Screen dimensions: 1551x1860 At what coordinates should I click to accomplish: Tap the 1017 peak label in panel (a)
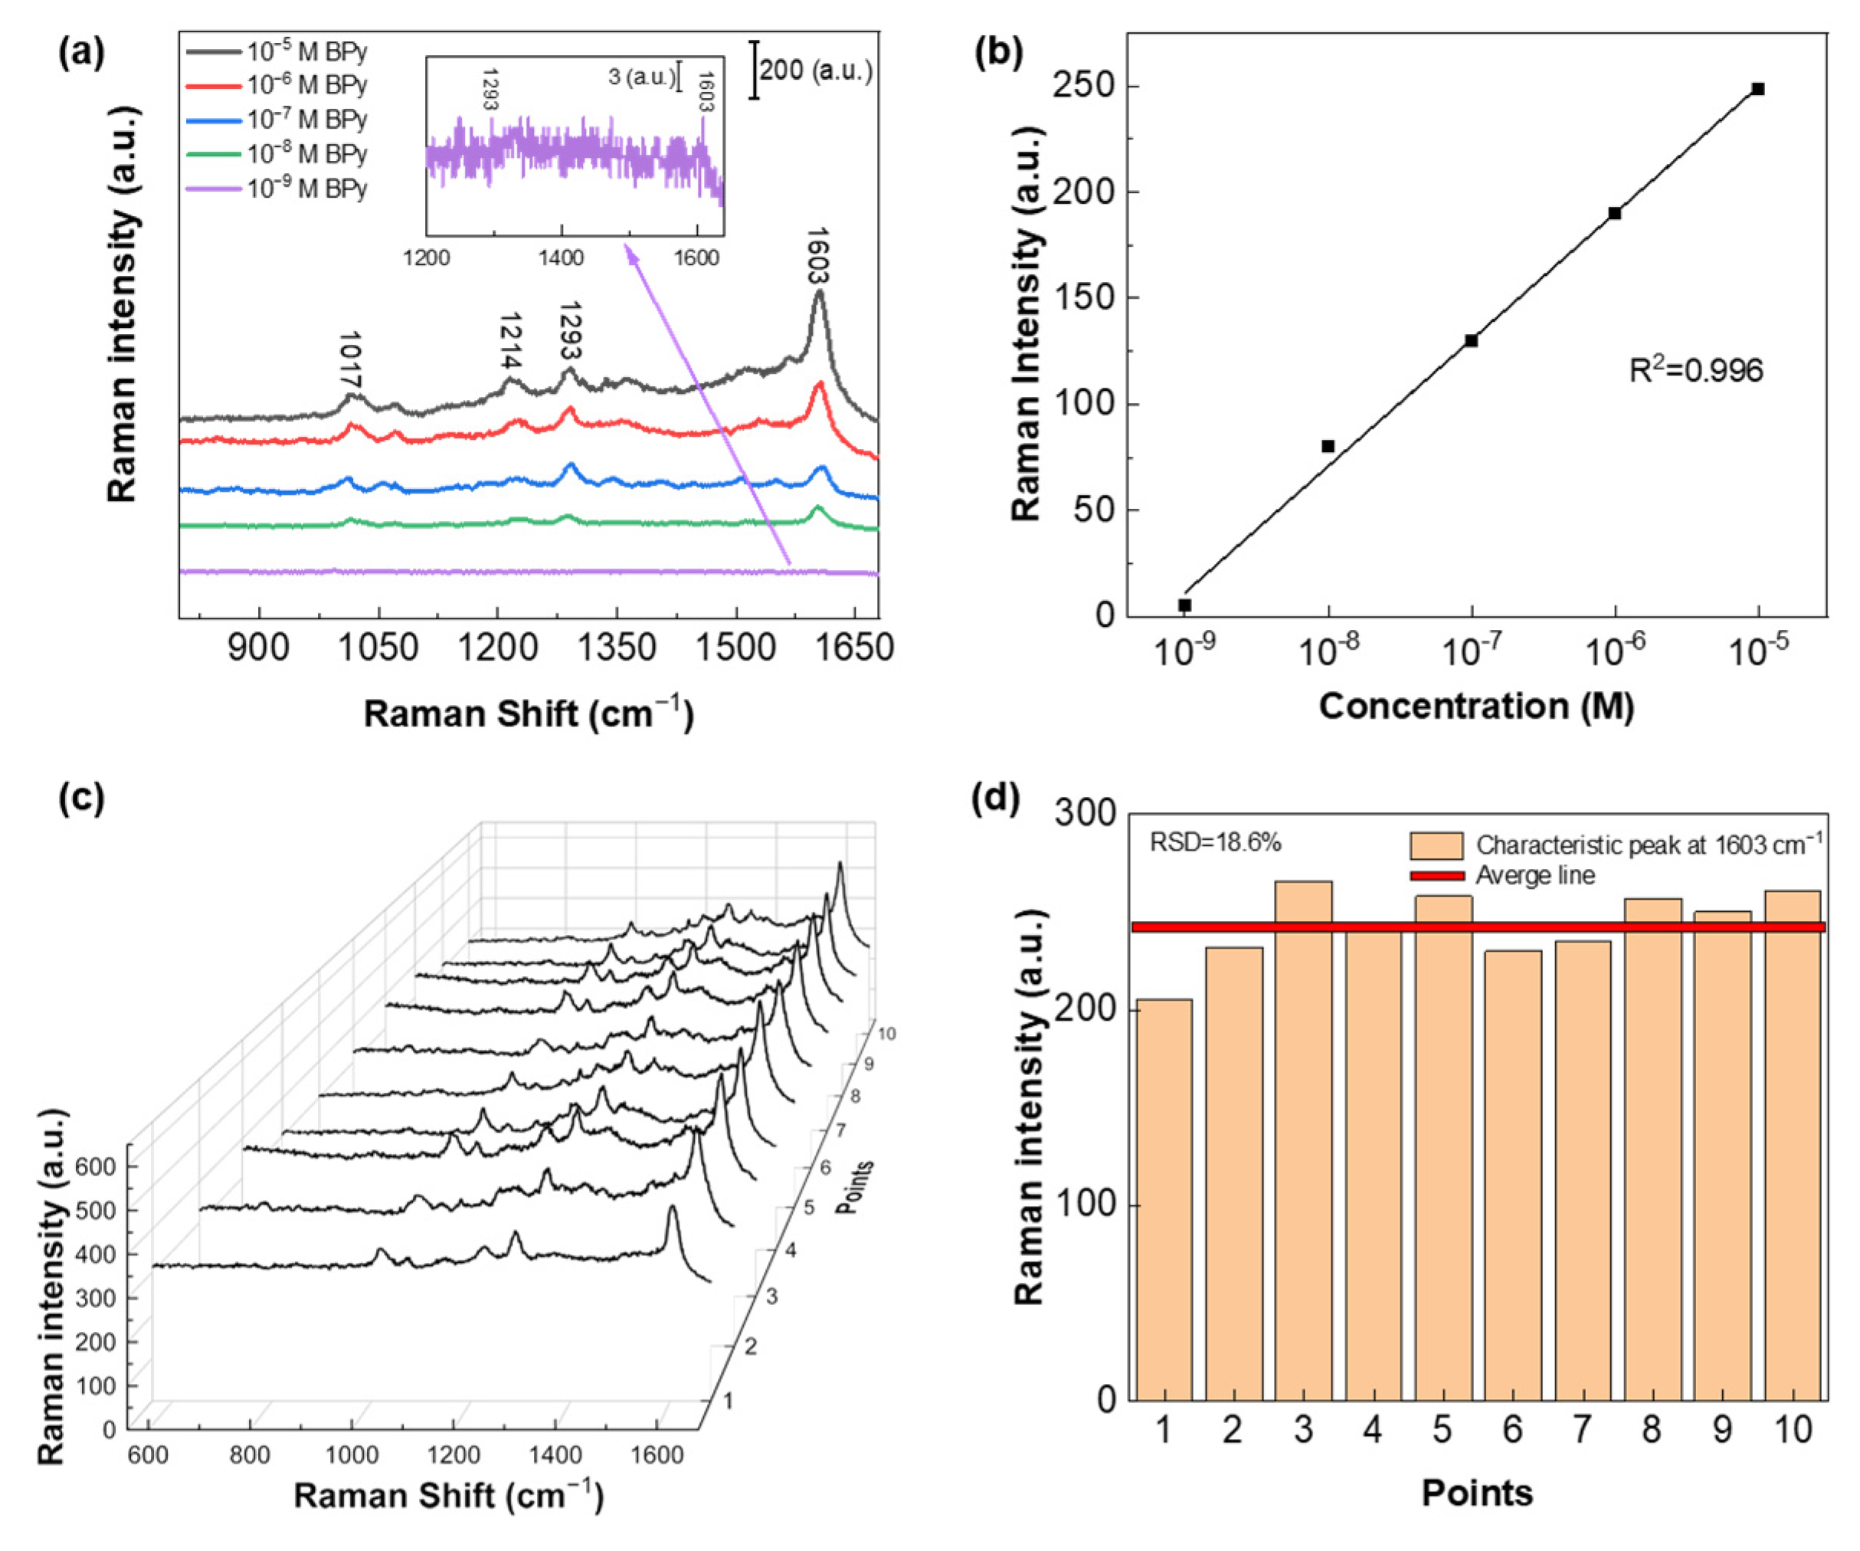point(350,359)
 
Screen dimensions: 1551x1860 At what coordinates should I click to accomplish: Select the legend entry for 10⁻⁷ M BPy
point(306,120)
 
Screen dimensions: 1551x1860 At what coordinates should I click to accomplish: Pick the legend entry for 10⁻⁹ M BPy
point(306,189)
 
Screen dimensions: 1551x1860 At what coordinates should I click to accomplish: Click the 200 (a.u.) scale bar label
point(815,70)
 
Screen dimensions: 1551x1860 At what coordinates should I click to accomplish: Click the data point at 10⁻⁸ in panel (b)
point(1328,447)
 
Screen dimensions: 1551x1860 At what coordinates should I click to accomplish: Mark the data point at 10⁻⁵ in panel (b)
point(1758,89)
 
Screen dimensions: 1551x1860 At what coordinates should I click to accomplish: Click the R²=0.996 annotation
point(1696,370)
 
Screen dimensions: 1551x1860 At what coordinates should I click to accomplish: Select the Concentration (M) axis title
point(1476,706)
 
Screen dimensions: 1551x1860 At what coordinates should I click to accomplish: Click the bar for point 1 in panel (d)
point(1164,1199)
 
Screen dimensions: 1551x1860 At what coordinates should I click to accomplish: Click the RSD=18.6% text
point(1215,842)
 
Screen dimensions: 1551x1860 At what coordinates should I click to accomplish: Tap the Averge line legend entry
point(1535,876)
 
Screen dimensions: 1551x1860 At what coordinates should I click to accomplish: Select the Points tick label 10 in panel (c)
point(886,1033)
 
